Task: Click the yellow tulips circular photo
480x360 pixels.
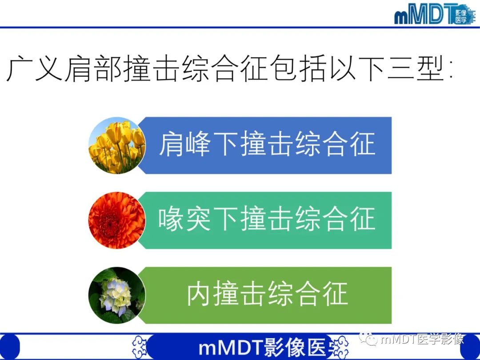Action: coord(117,146)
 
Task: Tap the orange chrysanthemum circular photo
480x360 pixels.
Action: coord(117,220)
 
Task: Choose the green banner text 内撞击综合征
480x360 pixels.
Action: coord(267,294)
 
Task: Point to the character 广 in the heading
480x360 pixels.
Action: coord(20,69)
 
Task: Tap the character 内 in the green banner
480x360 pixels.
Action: coord(199,294)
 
